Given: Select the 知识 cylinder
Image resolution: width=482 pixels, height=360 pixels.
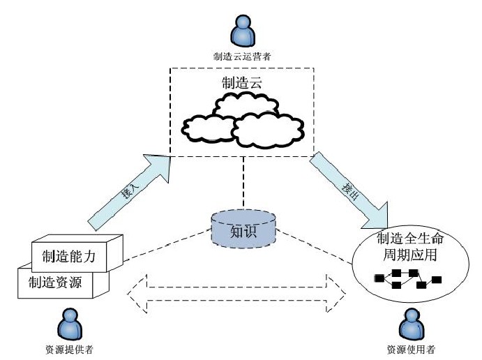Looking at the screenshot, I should [243, 230].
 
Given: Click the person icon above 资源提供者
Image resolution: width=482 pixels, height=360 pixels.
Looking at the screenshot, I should [69, 322].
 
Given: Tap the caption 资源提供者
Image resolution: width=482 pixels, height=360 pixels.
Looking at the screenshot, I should [68, 348].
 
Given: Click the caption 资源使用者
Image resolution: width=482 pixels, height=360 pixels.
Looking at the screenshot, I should [406, 348].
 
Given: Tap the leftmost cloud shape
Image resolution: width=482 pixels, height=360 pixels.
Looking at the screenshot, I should [207, 129].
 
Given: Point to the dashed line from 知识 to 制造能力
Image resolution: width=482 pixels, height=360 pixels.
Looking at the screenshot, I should [167, 244].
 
